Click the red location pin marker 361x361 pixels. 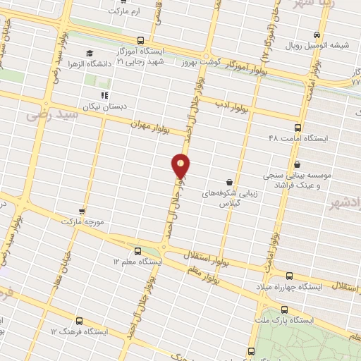coord(181,166)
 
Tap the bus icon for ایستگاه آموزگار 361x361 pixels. coord(141,40)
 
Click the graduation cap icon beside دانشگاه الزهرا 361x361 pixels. coord(89,54)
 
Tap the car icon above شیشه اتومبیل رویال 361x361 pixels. coord(318,35)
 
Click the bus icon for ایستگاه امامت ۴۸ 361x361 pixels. coord(298,128)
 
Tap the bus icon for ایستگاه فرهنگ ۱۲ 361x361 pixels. coord(54,330)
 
